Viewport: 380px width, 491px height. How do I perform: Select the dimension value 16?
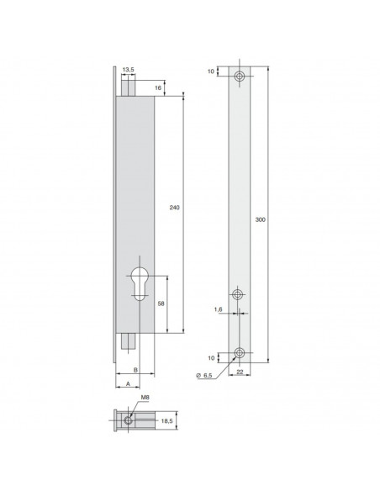click(x=159, y=87)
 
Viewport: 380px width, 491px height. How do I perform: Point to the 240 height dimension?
click(x=175, y=207)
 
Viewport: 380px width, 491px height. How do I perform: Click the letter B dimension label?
click(x=136, y=369)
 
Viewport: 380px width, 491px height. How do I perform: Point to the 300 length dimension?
click(x=260, y=219)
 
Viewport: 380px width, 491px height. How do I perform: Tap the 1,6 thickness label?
click(x=218, y=309)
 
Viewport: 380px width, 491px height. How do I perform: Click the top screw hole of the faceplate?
click(x=241, y=77)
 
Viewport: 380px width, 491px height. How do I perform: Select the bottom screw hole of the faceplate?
click(x=241, y=352)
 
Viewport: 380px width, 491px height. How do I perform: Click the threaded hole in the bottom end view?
click(x=129, y=420)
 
